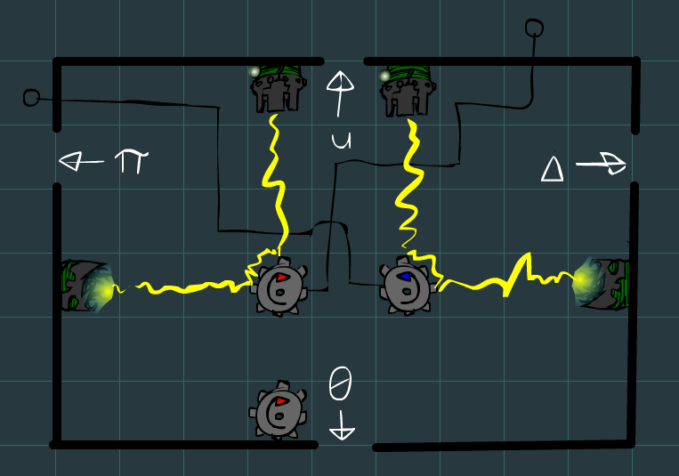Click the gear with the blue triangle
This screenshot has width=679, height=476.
click(408, 286)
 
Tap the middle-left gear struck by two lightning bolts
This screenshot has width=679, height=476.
click(280, 286)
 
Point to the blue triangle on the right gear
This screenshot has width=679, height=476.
click(405, 277)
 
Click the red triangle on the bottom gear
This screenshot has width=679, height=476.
click(281, 401)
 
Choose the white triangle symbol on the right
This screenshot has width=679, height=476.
click(554, 168)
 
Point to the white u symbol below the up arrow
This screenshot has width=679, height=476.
click(340, 141)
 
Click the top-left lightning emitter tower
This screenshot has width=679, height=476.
click(278, 87)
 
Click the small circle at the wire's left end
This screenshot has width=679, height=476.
click(31, 97)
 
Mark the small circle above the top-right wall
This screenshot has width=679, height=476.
click(534, 28)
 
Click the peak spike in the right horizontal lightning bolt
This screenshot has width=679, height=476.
click(527, 259)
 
